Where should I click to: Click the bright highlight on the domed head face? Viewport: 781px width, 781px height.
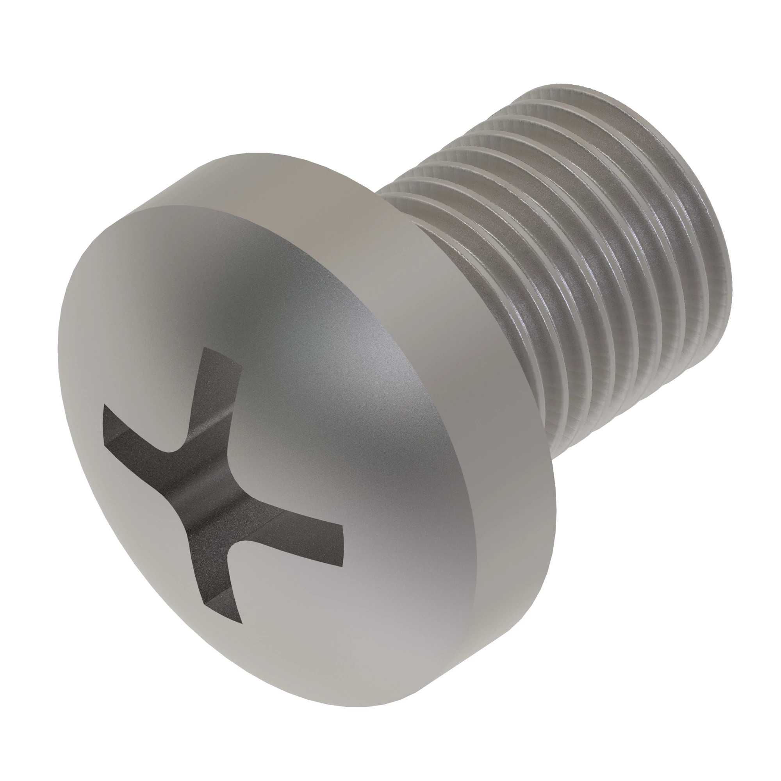click(388, 364)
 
